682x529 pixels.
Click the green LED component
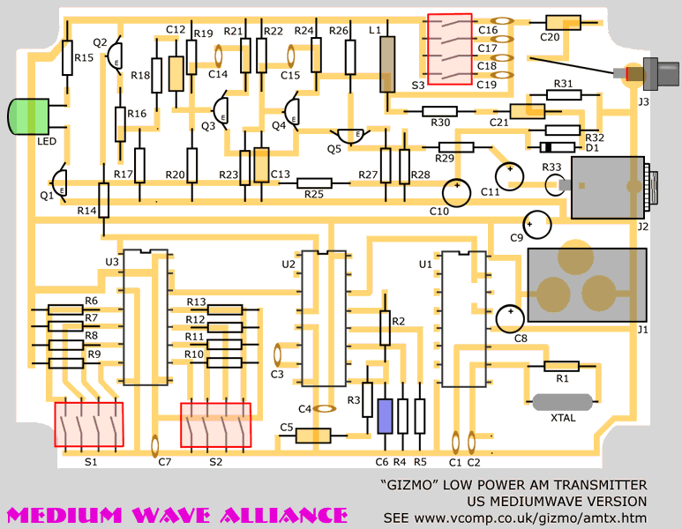tap(26, 117)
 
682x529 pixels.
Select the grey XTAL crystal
tap(562, 402)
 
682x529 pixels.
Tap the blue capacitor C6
tap(384, 416)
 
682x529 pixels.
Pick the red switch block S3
tap(449, 49)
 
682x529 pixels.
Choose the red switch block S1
tap(88, 424)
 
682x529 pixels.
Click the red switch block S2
tap(215, 425)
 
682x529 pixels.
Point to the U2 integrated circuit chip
tap(322, 317)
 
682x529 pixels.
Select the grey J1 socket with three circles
tap(586, 283)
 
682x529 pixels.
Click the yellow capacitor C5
tap(312, 435)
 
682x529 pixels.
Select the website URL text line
tap(514, 517)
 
